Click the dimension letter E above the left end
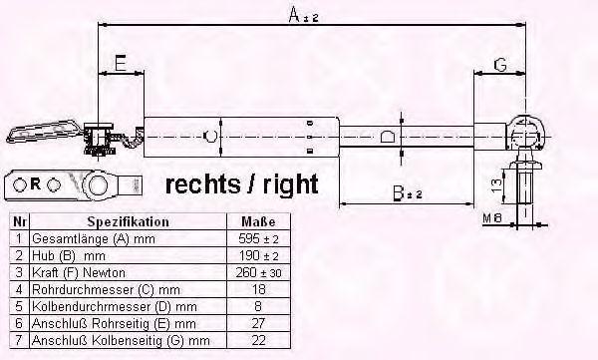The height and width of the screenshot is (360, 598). (121, 63)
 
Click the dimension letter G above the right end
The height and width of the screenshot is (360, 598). (500, 65)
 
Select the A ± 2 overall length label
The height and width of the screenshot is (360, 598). (303, 15)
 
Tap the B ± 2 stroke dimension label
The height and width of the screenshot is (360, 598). (408, 193)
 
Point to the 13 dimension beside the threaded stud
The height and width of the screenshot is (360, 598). (496, 185)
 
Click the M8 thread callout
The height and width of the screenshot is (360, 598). (492, 218)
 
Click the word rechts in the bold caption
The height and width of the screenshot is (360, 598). (203, 184)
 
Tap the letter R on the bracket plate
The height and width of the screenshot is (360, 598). (35, 184)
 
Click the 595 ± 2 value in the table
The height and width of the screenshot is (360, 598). (258, 239)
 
